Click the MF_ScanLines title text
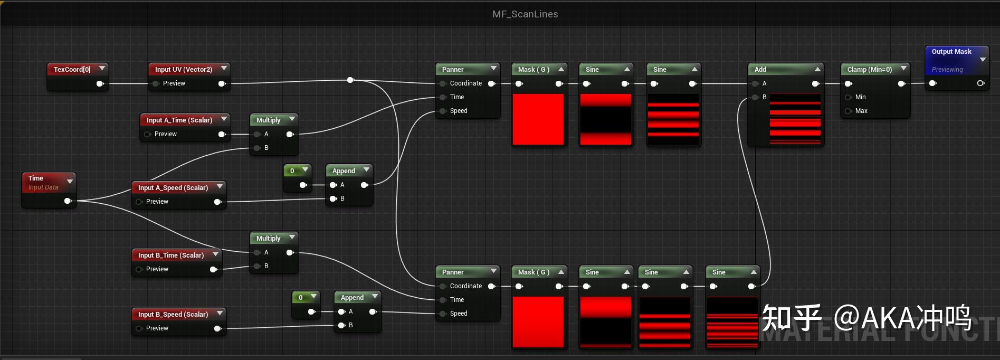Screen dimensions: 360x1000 coord(525,14)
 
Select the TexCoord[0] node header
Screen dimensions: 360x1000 coord(72,69)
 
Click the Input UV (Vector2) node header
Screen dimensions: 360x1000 coord(184,69)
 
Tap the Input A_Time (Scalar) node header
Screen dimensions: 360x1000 coord(179,120)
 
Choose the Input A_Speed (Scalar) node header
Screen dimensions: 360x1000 coord(173,187)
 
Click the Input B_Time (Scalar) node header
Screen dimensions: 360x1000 coord(171,255)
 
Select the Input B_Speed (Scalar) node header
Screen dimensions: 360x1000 coord(173,314)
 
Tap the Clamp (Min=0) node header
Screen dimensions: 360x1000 coord(869,69)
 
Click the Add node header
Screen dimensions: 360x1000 coord(760,69)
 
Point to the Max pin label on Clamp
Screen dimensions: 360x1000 coord(861,111)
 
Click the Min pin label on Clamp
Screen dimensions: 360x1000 coord(860,97)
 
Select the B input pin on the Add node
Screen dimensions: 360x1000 coord(755,97)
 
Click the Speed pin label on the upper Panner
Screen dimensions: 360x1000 coord(459,111)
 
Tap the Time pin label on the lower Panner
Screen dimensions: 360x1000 coord(457,300)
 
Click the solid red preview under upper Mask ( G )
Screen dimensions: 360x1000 coord(538,119)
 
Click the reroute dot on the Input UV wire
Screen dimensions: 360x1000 coord(350,80)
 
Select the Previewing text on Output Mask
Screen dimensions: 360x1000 coord(947,70)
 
